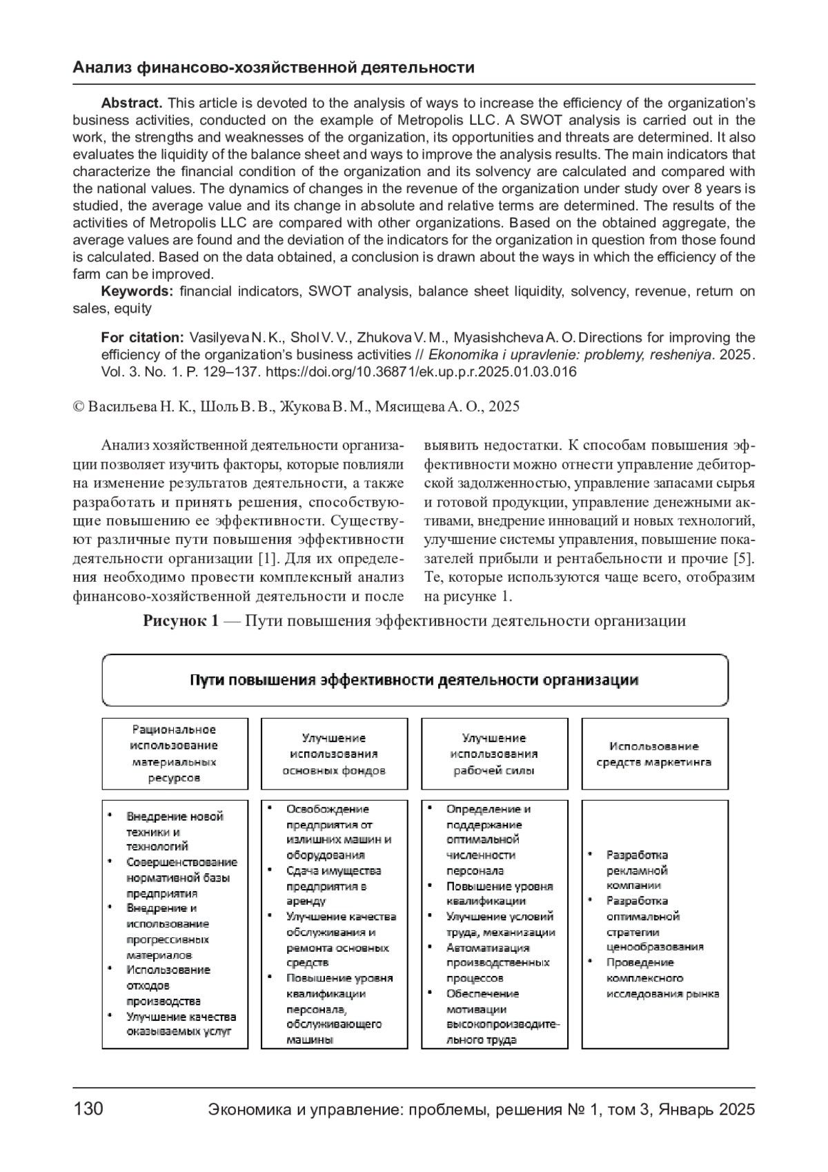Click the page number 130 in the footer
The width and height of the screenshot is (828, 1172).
(x=88, y=1109)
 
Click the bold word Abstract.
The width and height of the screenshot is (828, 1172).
(x=131, y=103)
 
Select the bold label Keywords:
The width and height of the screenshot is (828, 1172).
(x=137, y=291)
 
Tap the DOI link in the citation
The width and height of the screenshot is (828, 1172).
(x=421, y=372)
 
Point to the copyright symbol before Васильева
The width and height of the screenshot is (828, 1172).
(x=78, y=407)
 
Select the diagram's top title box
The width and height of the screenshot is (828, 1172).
(x=415, y=681)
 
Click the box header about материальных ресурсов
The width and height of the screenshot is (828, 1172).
(x=175, y=754)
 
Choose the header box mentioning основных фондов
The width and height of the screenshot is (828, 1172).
(x=334, y=754)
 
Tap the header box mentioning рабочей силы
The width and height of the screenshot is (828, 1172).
(x=494, y=754)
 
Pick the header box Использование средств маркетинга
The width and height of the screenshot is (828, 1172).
(x=654, y=754)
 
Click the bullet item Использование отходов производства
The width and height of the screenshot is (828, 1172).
(x=168, y=986)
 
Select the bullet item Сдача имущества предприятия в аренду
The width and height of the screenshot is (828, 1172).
(x=333, y=886)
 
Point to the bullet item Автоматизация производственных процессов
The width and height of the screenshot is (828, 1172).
(x=488, y=963)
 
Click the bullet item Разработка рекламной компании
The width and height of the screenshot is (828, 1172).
(x=638, y=870)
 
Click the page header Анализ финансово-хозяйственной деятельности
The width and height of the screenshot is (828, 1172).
(x=273, y=68)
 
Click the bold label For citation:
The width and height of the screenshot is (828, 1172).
(x=142, y=338)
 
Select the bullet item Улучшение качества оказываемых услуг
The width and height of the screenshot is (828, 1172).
(x=181, y=1024)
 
